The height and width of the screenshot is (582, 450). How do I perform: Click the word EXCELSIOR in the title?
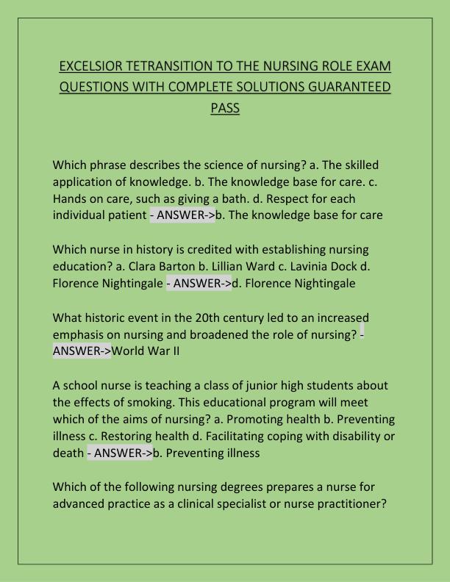coord(89,67)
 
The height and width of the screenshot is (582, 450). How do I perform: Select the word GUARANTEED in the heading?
coord(337,87)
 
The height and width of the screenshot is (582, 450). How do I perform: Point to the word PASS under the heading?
coord(225,108)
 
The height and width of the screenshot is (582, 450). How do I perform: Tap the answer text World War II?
coord(146,351)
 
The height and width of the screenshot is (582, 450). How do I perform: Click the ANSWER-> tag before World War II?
coord(82,351)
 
